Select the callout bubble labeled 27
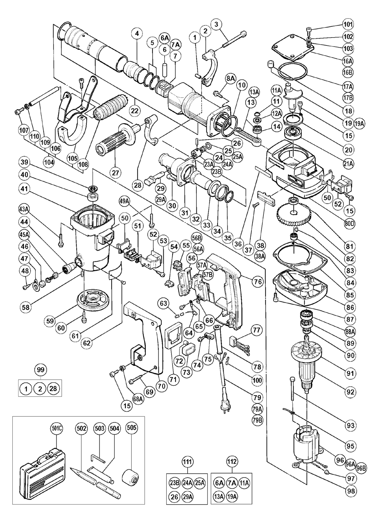click(x=115, y=172)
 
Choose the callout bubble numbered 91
click(x=350, y=374)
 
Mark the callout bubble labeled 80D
click(x=350, y=223)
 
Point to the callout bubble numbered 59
click(x=50, y=321)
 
